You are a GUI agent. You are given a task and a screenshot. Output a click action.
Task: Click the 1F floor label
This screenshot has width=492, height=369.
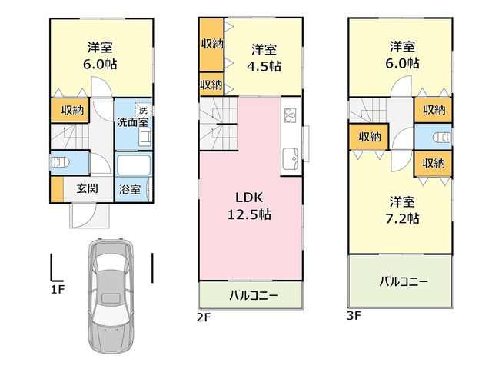pyautogui.click(x=58, y=289)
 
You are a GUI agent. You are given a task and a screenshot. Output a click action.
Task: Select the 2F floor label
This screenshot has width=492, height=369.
pyautogui.click(x=204, y=317)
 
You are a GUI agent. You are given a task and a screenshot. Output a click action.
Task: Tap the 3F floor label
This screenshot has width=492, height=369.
pyautogui.click(x=354, y=316)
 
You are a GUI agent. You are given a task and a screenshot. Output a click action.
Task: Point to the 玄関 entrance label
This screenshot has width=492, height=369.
pyautogui.click(x=88, y=188)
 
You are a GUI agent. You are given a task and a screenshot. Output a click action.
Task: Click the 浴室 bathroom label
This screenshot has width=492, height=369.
pyautogui.click(x=130, y=190)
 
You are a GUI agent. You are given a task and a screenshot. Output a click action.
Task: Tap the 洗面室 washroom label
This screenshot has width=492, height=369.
pyautogui.click(x=132, y=122)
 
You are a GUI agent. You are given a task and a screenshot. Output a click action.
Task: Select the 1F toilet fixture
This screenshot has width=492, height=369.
pyautogui.click(x=60, y=163)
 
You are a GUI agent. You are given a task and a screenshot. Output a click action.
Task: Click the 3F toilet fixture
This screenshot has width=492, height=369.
pyautogui.click(x=442, y=138)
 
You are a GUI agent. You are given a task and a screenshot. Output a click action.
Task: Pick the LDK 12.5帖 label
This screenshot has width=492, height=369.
pyautogui.click(x=249, y=206)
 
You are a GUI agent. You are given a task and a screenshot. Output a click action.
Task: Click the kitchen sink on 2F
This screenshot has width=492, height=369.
pyautogui.click(x=291, y=159)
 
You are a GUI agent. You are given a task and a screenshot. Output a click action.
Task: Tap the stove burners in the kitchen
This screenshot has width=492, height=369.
pyautogui.click(x=290, y=115)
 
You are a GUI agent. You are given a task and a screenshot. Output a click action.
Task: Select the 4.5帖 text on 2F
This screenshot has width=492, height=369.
pyautogui.click(x=264, y=67)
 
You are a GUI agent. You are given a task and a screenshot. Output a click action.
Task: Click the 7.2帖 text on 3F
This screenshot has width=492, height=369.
pyautogui.click(x=402, y=218)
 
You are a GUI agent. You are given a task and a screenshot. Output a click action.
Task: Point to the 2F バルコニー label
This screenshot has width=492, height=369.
pyautogui.click(x=254, y=295)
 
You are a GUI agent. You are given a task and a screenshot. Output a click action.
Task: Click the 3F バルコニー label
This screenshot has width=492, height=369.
pyautogui.click(x=404, y=281)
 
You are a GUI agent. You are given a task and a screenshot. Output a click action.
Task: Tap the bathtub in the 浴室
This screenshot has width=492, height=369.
pyautogui.click(x=133, y=165)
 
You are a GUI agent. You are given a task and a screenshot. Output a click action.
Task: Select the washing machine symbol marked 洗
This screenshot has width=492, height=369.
pyautogui.click(x=143, y=111)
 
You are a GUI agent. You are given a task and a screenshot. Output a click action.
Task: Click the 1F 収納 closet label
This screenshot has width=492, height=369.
pyautogui.click(x=72, y=110)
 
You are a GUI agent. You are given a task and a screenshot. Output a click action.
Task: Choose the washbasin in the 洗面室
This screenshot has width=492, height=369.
pyautogui.click(x=145, y=138)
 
